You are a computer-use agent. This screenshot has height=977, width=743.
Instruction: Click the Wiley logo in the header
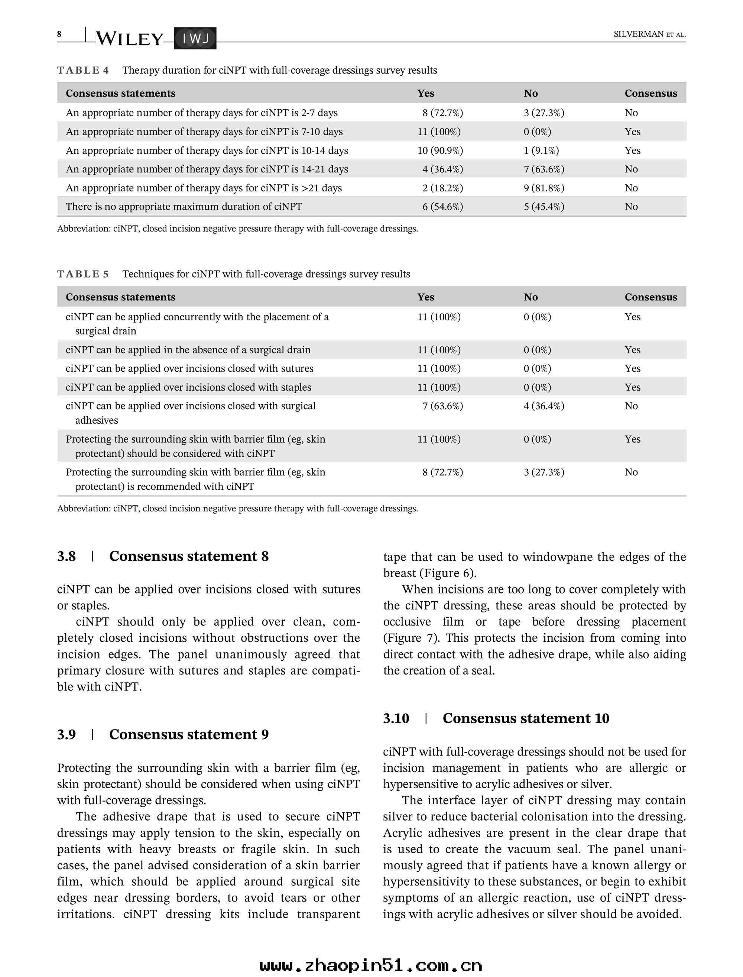tap(129, 39)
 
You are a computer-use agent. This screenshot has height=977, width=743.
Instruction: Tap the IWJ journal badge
tap(195, 39)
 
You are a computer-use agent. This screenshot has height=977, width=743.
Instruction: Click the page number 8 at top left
tap(59, 34)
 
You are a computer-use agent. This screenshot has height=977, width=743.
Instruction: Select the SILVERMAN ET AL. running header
tap(649, 34)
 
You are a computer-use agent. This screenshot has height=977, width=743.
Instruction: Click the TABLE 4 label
tap(83, 70)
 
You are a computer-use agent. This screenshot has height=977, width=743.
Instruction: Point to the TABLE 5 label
tap(83, 274)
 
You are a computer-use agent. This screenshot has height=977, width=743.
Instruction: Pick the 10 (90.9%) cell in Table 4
tap(440, 151)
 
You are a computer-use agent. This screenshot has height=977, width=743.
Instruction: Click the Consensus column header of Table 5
tap(650, 297)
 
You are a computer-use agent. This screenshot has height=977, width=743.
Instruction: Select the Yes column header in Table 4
tap(425, 93)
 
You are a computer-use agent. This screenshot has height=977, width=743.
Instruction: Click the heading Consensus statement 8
tap(189, 556)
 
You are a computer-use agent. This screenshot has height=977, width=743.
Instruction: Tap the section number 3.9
tap(66, 734)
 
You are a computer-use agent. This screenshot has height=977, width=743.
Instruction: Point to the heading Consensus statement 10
tap(526, 718)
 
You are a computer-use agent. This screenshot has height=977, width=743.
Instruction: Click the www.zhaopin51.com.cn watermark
tap(371, 965)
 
